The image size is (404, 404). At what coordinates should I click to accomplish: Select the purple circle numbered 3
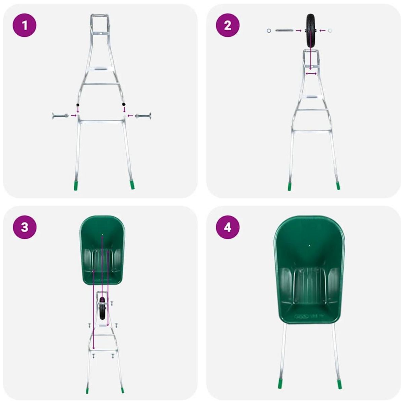pyautogui.click(x=24, y=227)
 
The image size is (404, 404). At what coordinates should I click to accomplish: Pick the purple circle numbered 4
pyautogui.click(x=228, y=227)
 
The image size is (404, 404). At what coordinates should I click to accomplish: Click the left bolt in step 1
pyautogui.click(x=61, y=116)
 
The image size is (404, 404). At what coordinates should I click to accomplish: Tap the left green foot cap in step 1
pyautogui.click(x=76, y=186)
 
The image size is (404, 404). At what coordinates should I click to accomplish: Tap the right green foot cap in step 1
pyautogui.click(x=133, y=185)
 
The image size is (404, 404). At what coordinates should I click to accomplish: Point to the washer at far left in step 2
pyautogui.click(x=268, y=31)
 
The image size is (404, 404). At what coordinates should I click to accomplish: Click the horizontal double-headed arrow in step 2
pyautogui.click(x=311, y=73)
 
